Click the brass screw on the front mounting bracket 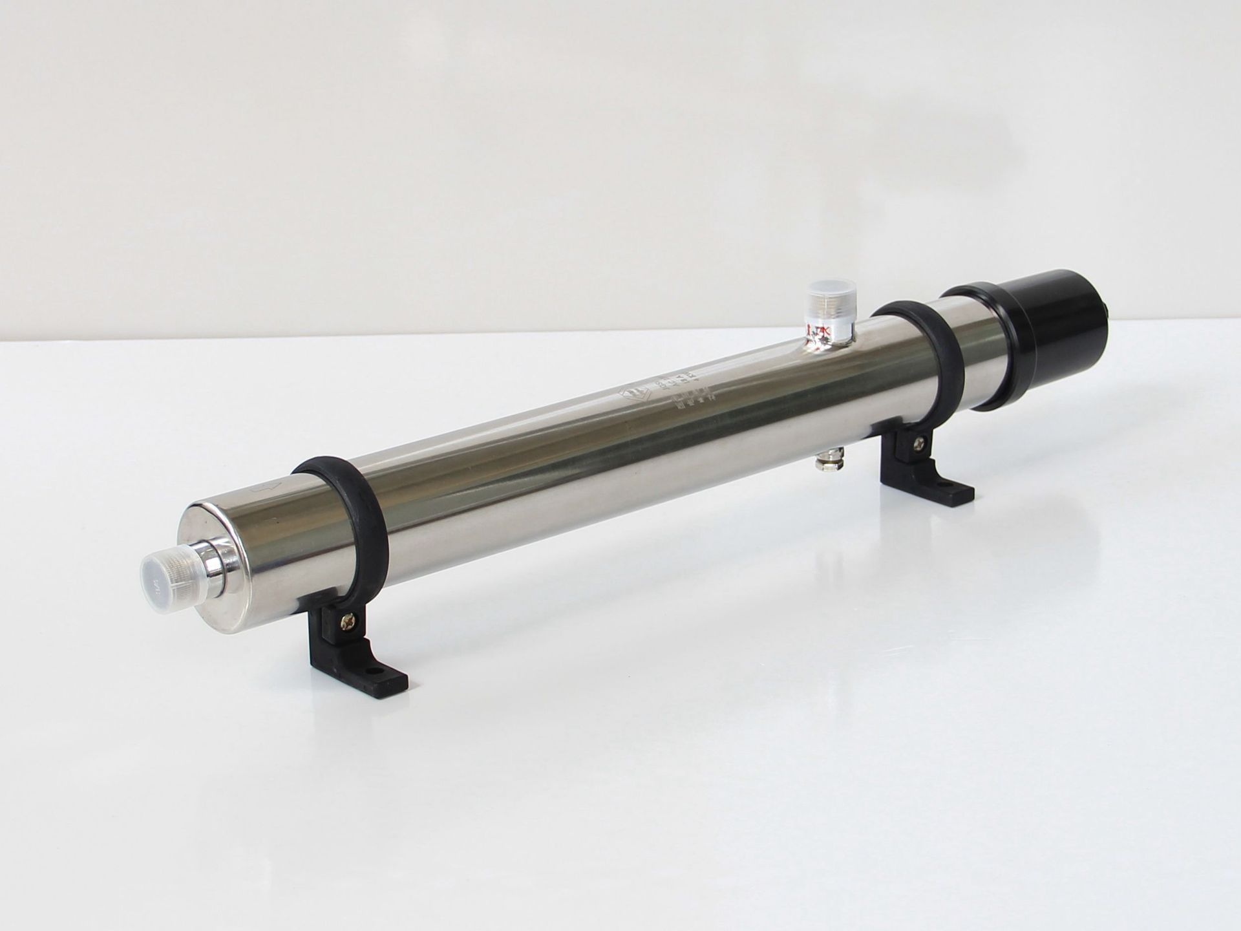[x=348, y=625]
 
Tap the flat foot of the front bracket [x=368, y=672]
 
